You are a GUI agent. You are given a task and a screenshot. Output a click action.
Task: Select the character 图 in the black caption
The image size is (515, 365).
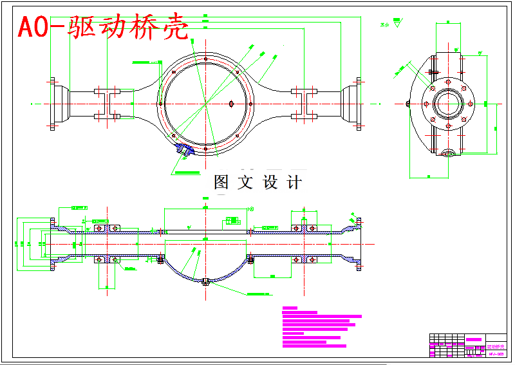(221, 182)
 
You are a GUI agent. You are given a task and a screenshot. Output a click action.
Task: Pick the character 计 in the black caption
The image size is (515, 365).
(294, 182)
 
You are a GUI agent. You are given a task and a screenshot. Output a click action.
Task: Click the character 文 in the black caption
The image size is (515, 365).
(245, 182)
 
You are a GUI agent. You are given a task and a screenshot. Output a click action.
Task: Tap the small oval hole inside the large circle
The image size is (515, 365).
(231, 103)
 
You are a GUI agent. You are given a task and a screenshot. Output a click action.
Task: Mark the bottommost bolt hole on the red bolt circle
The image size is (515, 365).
(205, 149)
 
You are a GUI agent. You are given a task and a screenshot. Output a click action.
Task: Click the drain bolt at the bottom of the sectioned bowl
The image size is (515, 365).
(205, 281)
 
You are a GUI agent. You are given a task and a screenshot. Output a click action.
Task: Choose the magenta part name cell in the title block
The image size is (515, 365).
(474, 339)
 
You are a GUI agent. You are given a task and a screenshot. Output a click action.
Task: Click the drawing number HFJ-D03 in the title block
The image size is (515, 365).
(496, 353)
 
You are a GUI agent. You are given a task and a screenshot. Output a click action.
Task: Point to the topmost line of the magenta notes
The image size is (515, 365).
(290, 308)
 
